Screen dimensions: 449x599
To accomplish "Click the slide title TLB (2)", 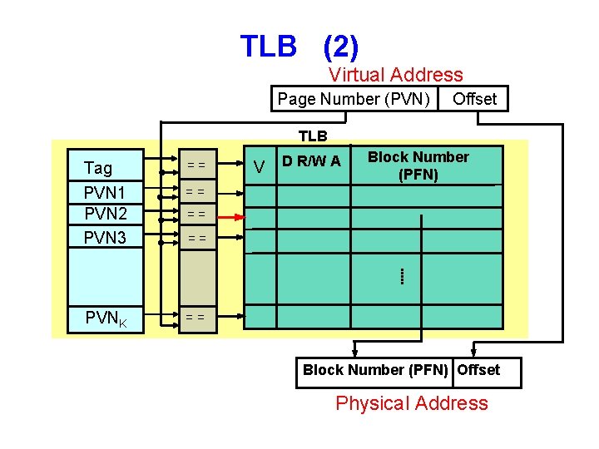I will [x=299, y=46].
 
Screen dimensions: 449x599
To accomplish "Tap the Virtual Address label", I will [x=395, y=76].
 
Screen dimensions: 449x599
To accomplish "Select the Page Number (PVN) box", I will [x=354, y=99].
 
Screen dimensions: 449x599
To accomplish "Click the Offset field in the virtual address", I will [x=474, y=99].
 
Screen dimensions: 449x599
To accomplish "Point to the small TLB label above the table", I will [x=313, y=136].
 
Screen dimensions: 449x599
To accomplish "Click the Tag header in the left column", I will [x=98, y=168].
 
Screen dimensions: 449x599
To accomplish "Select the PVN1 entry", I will [x=106, y=192].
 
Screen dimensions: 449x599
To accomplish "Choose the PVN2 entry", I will [x=106, y=215].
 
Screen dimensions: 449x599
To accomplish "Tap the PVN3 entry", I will [x=106, y=239].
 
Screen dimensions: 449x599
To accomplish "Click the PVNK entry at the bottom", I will [x=106, y=318].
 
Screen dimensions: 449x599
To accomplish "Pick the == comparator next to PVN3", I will [x=196, y=239].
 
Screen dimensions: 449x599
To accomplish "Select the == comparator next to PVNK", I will [x=196, y=317].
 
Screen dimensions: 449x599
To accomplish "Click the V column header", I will [x=260, y=169].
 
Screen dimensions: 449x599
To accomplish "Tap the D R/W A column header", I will [x=311, y=161].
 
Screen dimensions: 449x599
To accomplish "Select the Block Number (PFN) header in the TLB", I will [x=418, y=165].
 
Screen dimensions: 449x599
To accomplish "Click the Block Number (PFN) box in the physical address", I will [x=375, y=371].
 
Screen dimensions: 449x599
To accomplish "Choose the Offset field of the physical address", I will [x=479, y=371].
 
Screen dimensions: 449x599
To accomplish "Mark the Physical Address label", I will [x=411, y=404].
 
